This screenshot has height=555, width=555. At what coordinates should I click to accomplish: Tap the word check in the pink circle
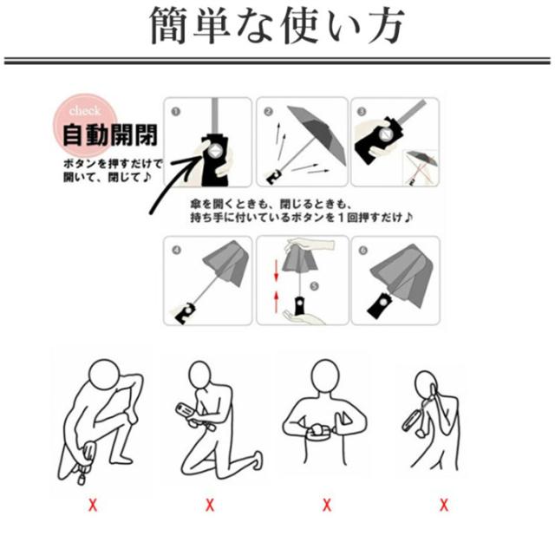(85, 111)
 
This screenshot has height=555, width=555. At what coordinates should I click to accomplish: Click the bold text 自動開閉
(110, 134)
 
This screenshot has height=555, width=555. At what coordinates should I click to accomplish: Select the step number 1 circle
(175, 112)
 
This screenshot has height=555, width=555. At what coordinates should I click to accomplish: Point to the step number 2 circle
(268, 112)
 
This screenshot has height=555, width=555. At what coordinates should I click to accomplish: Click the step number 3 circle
(362, 112)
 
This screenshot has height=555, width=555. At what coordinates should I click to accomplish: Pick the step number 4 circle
(176, 251)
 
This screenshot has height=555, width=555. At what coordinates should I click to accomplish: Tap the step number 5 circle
(314, 286)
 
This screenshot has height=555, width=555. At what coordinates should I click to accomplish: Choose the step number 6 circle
(362, 251)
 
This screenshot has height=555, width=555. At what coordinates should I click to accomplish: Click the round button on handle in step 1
(214, 152)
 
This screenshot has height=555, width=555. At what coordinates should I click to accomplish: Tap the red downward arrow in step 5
(277, 271)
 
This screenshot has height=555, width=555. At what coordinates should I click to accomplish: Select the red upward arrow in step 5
(277, 302)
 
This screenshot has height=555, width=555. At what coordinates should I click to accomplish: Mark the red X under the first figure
(93, 505)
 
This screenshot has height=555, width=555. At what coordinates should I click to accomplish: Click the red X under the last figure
(443, 505)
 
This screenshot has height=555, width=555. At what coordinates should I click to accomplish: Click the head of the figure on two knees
(200, 375)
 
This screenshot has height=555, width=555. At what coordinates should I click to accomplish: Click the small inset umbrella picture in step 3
(421, 167)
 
